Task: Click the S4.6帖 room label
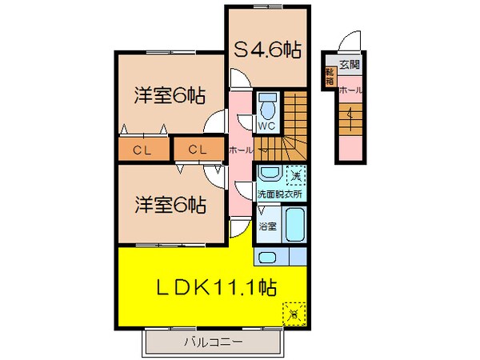pos(267,50)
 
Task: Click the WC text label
pos(266,126)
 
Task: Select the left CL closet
pos(144,150)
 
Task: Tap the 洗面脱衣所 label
pos(279,194)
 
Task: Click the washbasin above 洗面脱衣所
pos(269,174)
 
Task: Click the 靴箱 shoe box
pos(329,77)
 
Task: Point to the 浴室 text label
pos(267,226)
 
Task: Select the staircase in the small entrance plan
pos(350,120)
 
